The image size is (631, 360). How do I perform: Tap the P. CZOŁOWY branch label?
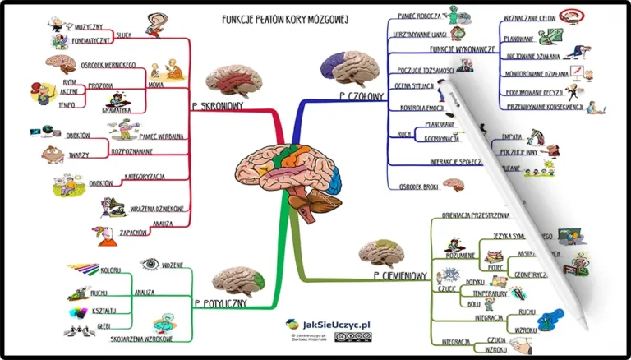point(361,96)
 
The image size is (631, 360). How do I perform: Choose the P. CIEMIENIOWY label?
point(400,275)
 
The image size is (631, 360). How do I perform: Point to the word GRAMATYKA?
point(116,109)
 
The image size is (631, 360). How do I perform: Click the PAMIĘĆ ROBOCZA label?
point(418,14)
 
